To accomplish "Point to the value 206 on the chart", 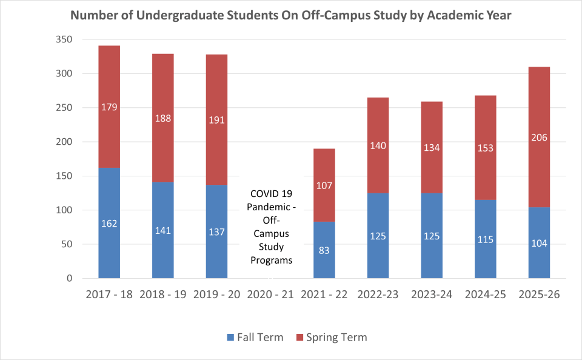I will click(539, 138).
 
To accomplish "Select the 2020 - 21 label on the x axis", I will click(270, 295).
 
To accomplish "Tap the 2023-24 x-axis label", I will click(432, 295).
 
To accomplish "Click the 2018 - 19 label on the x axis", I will click(163, 295).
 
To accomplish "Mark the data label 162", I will click(109, 223).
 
